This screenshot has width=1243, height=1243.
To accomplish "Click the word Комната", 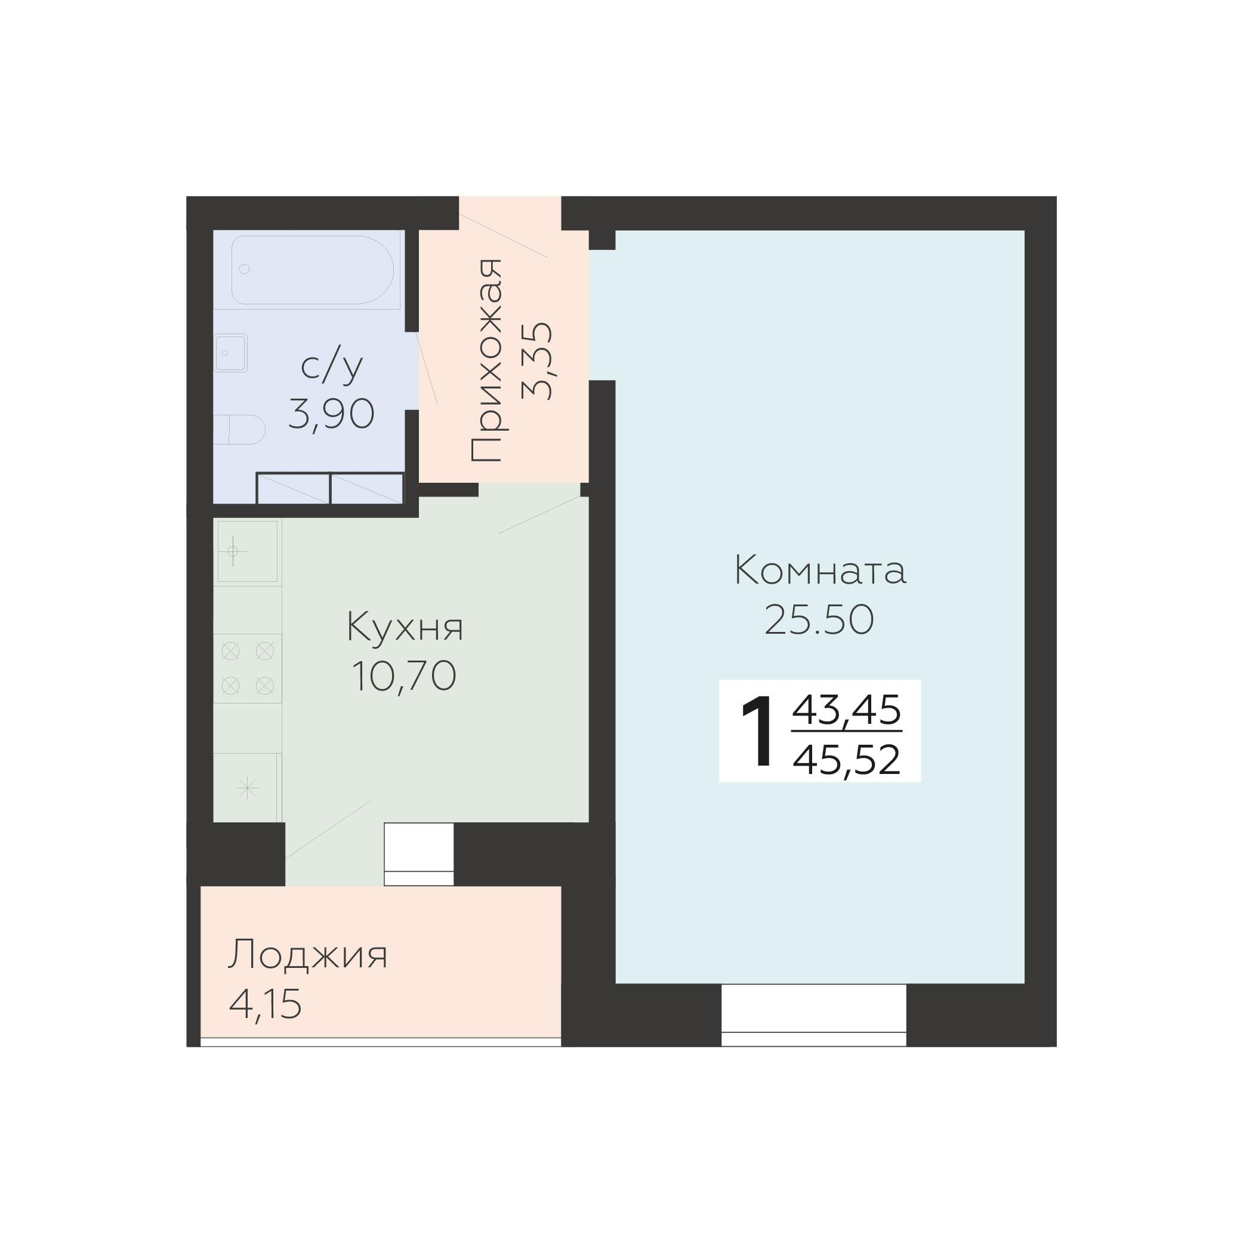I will click(x=820, y=570).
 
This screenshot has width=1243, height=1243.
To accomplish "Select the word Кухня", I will click(x=405, y=627).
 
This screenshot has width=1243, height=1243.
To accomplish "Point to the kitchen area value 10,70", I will click(x=404, y=676).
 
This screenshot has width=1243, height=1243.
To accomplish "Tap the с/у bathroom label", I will click(x=332, y=367).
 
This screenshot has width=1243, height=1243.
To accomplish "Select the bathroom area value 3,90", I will click(x=331, y=414).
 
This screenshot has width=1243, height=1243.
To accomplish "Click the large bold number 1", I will click(x=757, y=732).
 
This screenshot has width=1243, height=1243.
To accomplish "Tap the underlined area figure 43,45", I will click(x=846, y=711).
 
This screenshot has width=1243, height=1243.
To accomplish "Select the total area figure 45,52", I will click(x=846, y=760).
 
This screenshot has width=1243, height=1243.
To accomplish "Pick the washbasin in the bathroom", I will click(x=230, y=353).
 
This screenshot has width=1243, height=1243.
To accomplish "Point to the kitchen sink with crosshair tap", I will click(x=247, y=551).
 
